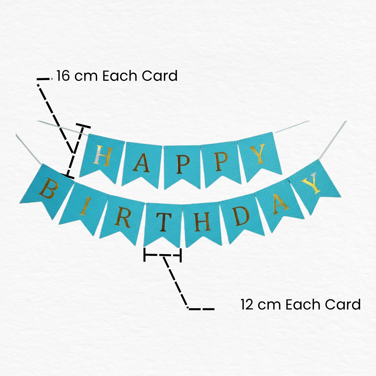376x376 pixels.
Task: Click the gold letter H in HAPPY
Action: (x=103, y=156)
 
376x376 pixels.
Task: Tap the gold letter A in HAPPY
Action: (x=141, y=163)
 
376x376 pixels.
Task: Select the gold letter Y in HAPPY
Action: (x=257, y=154)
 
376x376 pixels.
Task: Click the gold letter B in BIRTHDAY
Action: (x=49, y=188)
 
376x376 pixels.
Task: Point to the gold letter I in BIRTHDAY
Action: (x=86, y=206)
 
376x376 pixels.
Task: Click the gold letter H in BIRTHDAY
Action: (x=203, y=222)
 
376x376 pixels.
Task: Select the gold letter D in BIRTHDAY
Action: (x=241, y=216)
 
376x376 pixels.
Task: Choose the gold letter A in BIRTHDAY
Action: (x=280, y=204)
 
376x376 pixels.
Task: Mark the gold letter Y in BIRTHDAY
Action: (x=311, y=183)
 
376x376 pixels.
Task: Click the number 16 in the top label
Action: (x=63, y=76)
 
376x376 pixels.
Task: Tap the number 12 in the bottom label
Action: (x=247, y=305)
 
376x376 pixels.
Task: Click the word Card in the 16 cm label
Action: (x=159, y=76)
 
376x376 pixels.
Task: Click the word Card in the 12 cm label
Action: (x=343, y=305)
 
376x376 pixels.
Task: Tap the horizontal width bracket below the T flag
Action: (x=163, y=255)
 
